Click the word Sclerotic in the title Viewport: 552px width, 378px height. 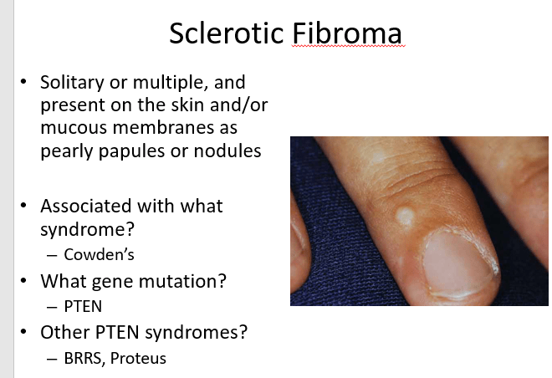point(227,33)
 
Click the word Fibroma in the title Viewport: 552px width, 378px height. point(347,33)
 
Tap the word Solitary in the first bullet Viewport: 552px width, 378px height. point(72,83)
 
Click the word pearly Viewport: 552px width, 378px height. point(66,151)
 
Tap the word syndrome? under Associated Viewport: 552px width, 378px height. point(87,229)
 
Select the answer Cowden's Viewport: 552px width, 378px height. point(99,254)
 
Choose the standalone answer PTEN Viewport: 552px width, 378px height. point(83,306)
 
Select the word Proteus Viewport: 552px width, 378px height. point(138,358)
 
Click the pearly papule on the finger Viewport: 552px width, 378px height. point(406,216)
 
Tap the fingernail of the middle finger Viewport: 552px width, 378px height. point(458,263)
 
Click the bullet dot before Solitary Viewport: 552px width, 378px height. point(23,82)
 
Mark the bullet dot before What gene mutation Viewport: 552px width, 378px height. point(23,280)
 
